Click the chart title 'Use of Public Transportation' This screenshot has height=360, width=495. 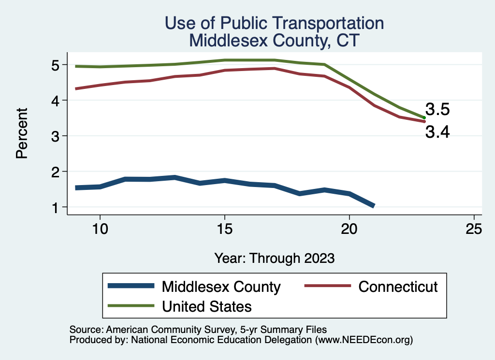pyautogui.click(x=274, y=23)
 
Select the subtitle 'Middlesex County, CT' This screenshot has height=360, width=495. pyautogui.click(x=274, y=40)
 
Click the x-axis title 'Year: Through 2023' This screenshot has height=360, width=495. pyautogui.click(x=274, y=258)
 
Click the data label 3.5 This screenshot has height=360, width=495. pyautogui.click(x=437, y=110)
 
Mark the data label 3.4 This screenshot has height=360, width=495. pyautogui.click(x=437, y=131)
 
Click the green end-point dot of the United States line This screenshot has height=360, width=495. pyautogui.click(x=424, y=117)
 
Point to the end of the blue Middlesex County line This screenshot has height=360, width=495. pyautogui.click(x=373, y=206)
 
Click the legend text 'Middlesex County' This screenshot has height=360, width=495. pyautogui.click(x=221, y=287)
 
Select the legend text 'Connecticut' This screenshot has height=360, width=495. pyautogui.click(x=398, y=287)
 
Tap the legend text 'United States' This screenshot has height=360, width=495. pyautogui.click(x=206, y=306)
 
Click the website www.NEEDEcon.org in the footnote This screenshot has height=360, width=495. pyautogui.click(x=363, y=340)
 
